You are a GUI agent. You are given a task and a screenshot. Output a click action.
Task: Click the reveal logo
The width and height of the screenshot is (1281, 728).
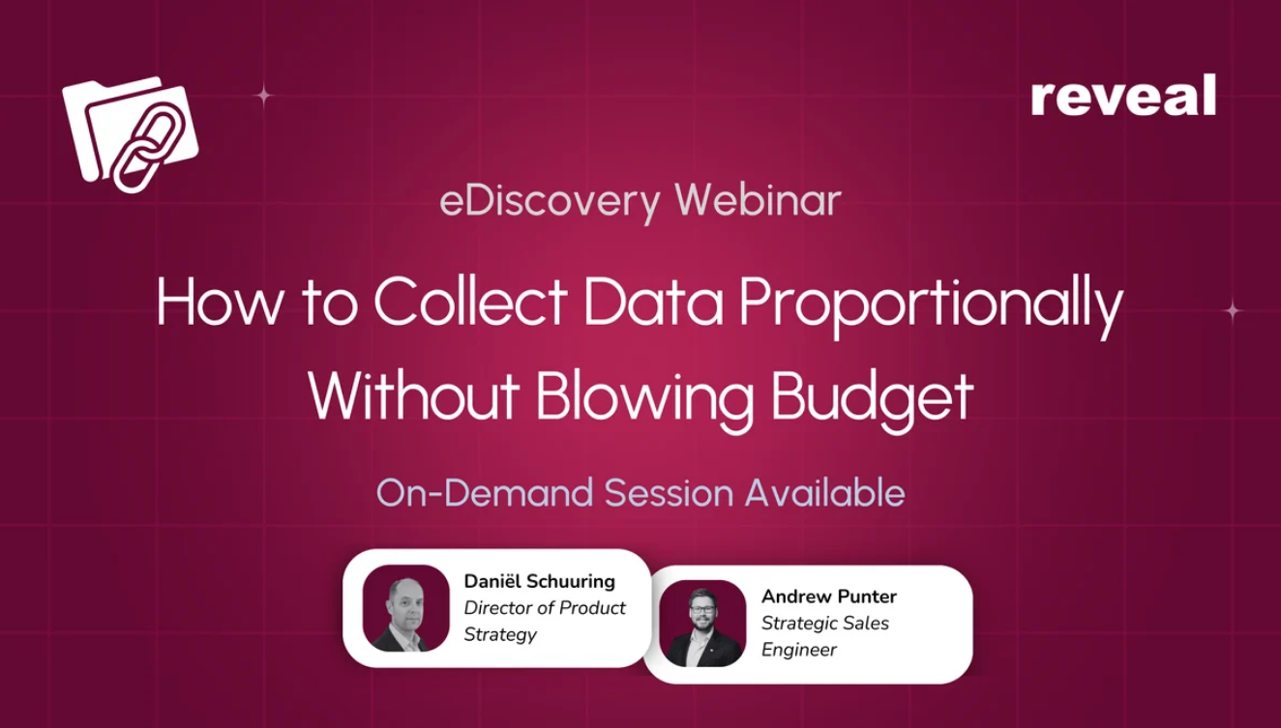click(x=1123, y=95)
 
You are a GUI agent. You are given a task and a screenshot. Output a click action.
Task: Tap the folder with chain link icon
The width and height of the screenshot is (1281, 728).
click(x=131, y=133)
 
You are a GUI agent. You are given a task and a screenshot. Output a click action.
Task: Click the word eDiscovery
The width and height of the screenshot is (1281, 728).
click(x=551, y=202)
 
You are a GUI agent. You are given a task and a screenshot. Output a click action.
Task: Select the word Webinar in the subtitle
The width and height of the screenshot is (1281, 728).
click(x=758, y=200)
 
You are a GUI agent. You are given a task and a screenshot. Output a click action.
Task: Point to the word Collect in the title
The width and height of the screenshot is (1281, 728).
click(x=470, y=301)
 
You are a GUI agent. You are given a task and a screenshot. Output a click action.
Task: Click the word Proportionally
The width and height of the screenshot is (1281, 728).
click(x=931, y=306)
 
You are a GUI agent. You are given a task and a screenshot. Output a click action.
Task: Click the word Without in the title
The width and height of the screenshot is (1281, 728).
click(x=413, y=394)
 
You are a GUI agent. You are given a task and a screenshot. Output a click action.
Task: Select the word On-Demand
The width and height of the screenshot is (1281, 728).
click(x=485, y=492)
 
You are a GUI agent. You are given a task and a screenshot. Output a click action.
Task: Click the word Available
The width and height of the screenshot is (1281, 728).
click(x=825, y=492)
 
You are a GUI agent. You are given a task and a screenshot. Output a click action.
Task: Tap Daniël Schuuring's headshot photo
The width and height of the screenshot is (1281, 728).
click(x=406, y=608)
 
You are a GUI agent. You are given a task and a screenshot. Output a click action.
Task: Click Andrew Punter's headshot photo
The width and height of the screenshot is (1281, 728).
click(x=702, y=624)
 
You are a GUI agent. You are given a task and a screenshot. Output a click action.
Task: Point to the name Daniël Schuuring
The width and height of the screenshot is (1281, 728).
click(x=539, y=581)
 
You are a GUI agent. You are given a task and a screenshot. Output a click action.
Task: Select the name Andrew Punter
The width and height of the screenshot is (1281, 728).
click(x=828, y=597)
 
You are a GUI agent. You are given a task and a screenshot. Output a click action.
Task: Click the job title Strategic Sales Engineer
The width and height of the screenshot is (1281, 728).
click(x=825, y=636)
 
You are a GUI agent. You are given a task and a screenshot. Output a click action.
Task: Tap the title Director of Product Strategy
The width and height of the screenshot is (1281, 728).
click(x=545, y=621)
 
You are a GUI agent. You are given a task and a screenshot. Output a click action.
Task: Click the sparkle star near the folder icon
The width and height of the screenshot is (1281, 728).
click(x=263, y=96)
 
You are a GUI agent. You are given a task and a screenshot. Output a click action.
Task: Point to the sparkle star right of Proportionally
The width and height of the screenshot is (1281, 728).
click(x=1233, y=310)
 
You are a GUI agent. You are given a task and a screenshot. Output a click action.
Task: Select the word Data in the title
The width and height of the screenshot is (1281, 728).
click(x=653, y=301)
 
